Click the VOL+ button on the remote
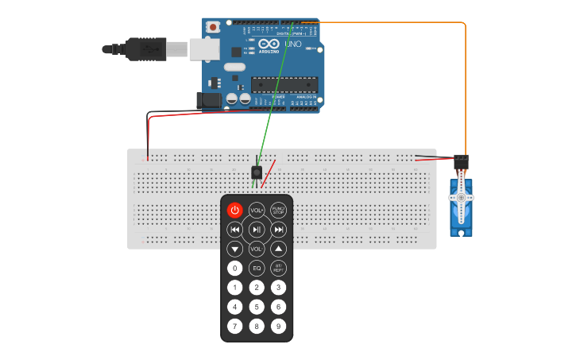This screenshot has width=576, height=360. point(257,210)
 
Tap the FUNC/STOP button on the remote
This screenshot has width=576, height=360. point(278,210)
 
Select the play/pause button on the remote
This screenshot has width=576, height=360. point(257,230)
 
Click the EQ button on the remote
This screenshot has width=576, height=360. point(257,269)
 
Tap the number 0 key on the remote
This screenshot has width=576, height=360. point(235,269)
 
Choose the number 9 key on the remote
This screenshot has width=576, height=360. point(278,326)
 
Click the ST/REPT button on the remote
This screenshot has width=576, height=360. point(278,269)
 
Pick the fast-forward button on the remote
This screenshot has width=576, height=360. point(278,230)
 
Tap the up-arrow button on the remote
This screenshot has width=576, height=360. point(278,249)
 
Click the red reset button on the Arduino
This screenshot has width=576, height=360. point(213,27)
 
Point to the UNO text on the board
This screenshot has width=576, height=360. point(292,44)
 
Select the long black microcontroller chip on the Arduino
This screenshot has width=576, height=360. point(284,83)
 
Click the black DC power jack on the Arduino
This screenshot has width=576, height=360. point(209,100)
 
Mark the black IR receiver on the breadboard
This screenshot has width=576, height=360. point(257,172)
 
